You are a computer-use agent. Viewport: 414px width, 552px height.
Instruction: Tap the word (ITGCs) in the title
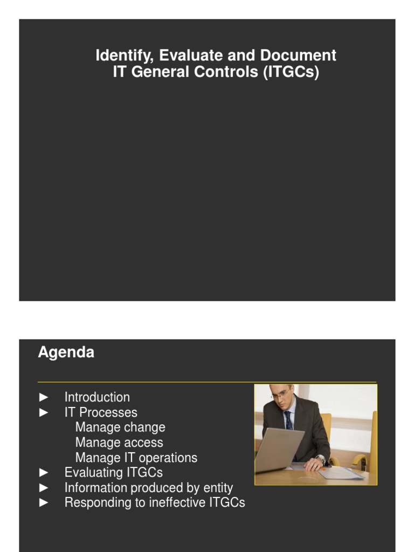click(x=291, y=72)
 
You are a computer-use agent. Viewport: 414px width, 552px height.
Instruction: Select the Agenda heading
click(x=66, y=353)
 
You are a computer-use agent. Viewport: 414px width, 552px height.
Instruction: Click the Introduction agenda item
click(x=97, y=397)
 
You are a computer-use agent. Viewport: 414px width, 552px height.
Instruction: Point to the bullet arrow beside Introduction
click(x=44, y=397)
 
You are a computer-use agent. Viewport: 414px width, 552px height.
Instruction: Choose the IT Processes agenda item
click(x=101, y=412)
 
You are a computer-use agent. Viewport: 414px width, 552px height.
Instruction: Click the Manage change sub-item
click(x=120, y=427)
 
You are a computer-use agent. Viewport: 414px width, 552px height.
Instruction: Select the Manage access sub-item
click(x=119, y=443)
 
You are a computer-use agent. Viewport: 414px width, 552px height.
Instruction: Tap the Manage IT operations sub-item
click(x=136, y=458)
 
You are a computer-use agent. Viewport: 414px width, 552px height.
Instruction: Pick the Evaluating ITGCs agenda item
click(x=113, y=473)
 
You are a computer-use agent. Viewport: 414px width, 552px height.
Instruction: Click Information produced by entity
click(x=149, y=488)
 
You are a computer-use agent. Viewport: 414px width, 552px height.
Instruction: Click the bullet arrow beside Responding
click(x=44, y=503)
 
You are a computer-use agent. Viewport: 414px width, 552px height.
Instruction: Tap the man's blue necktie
click(x=288, y=420)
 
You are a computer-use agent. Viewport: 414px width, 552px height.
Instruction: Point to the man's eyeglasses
click(x=280, y=395)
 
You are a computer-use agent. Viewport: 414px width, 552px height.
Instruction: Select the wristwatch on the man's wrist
click(x=321, y=459)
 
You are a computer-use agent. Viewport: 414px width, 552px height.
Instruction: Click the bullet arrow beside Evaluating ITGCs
click(x=44, y=473)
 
